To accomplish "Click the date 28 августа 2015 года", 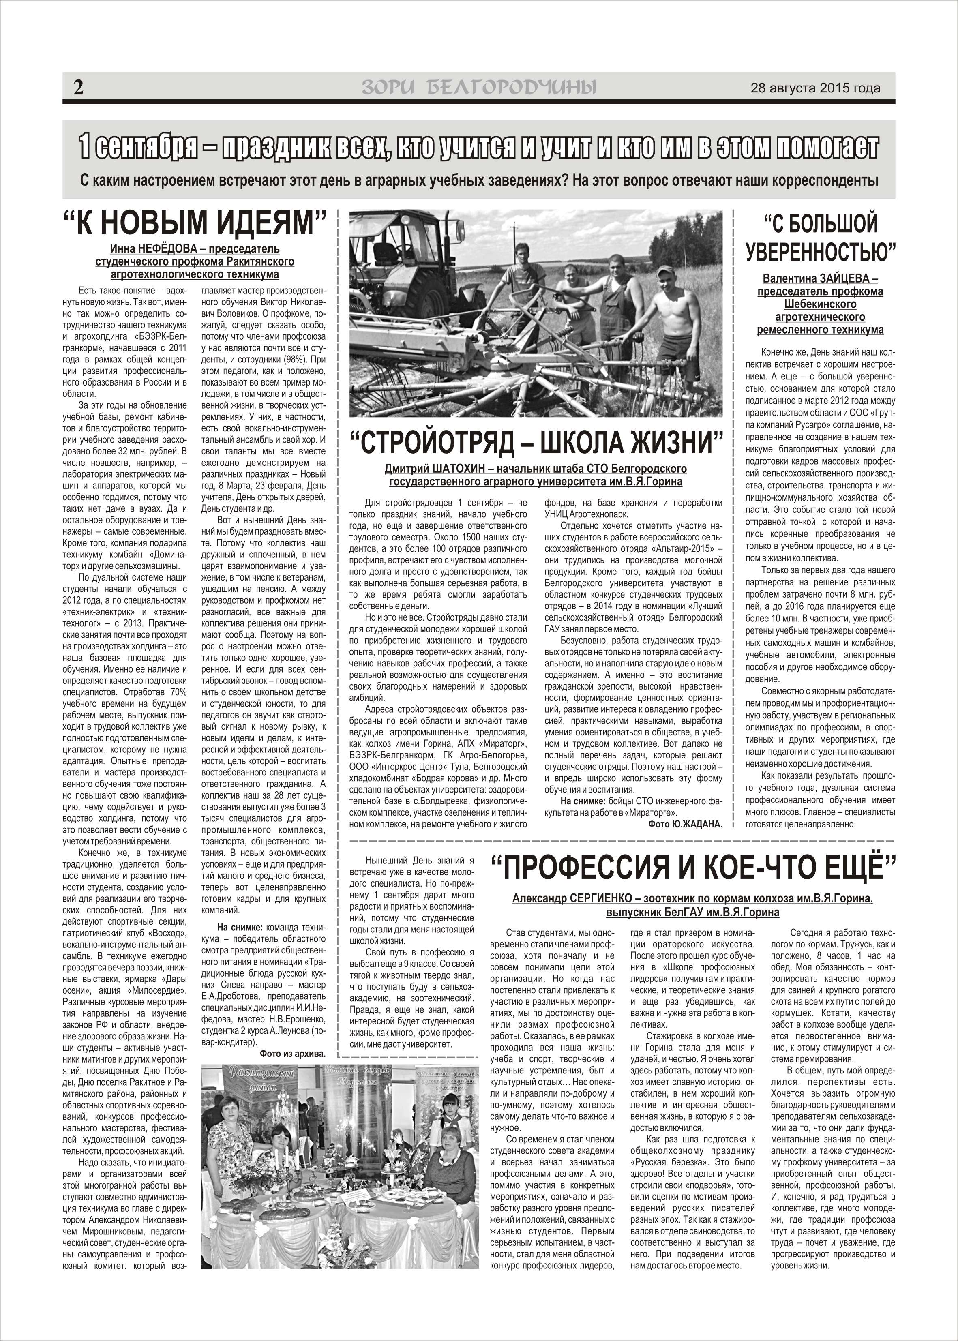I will click(x=815, y=88).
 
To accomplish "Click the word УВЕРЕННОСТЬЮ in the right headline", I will click(x=821, y=252).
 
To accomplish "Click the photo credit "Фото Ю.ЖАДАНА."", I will click(x=684, y=824).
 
